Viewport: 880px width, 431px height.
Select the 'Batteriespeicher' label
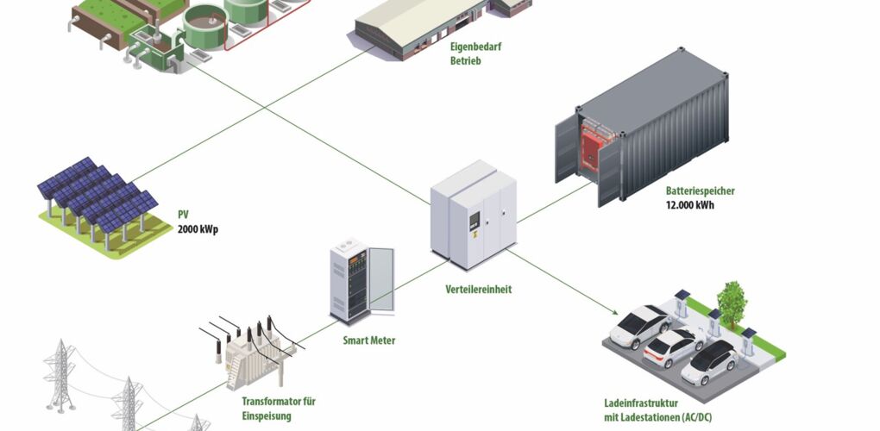tap(700, 191)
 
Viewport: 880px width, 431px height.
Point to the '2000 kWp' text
tap(198, 230)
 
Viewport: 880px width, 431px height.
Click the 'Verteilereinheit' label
tap(478, 290)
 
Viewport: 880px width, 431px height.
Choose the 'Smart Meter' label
tap(368, 340)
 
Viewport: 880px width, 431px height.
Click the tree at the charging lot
tap(732, 301)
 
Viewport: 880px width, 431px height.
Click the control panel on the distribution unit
tap(474, 222)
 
